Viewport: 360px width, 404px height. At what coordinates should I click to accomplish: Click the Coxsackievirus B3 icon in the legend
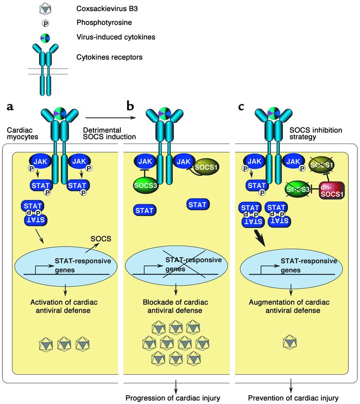coord(47,9)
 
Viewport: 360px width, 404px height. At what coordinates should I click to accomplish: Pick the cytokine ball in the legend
coord(47,37)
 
